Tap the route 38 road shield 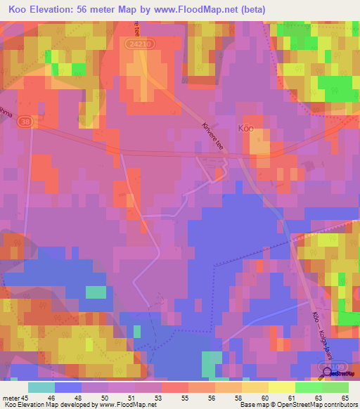point(27,121)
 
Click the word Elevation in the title point(58,9)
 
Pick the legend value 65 point(345,398)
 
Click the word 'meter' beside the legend point(11,398)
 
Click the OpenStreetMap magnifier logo point(328,369)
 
